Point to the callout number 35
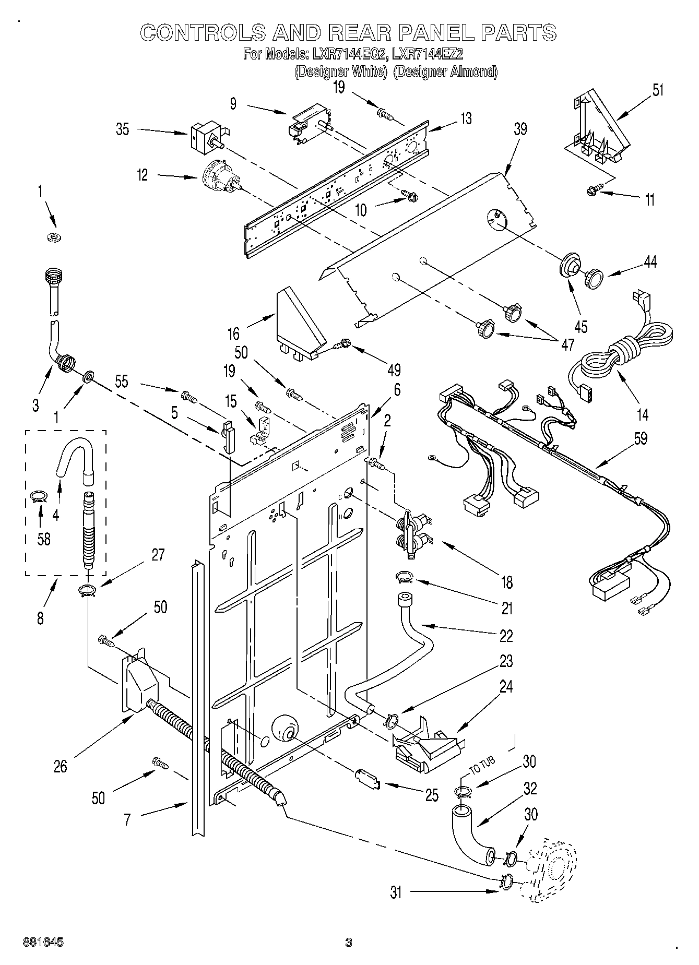122,129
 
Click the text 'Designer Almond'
445,72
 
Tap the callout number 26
61,766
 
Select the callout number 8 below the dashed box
40,618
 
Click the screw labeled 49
343,344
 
